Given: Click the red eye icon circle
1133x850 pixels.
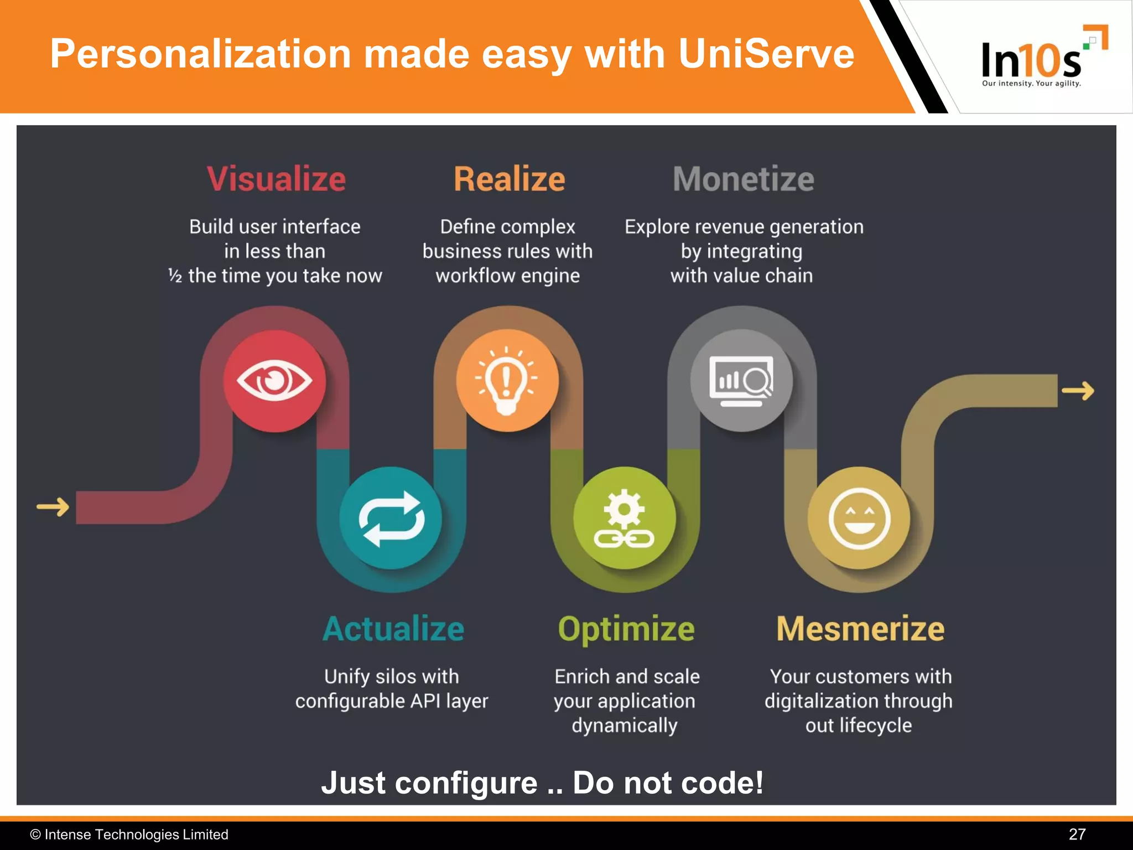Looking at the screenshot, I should tap(274, 381).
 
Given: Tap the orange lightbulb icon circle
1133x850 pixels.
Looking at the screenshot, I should tap(507, 381).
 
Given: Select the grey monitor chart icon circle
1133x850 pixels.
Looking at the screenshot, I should tap(741, 381).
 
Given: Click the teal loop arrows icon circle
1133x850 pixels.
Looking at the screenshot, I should tap(391, 518).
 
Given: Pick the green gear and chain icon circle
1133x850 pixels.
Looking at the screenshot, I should tap(625, 518).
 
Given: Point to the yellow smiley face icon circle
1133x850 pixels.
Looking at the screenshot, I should tap(859, 518).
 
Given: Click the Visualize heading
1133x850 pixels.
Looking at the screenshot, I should tap(276, 179).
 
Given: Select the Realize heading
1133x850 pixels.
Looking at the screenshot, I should tap(509, 179).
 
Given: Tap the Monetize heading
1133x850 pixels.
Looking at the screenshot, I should tap(743, 179).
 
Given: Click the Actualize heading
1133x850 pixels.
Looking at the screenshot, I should tap(393, 629).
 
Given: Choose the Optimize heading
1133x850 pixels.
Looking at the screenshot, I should tap(626, 629).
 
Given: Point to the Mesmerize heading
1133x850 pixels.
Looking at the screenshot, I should tap(860, 629).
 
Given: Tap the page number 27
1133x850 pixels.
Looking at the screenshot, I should tap(1077, 834).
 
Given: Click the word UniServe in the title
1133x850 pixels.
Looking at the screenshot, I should tap(766, 54).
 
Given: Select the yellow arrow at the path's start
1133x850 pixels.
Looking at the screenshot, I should tap(53, 506).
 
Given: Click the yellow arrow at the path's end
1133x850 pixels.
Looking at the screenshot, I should tap(1078, 391).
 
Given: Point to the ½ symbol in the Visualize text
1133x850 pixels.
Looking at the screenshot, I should tap(175, 276).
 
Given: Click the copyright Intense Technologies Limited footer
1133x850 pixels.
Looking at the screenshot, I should tap(129, 834).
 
